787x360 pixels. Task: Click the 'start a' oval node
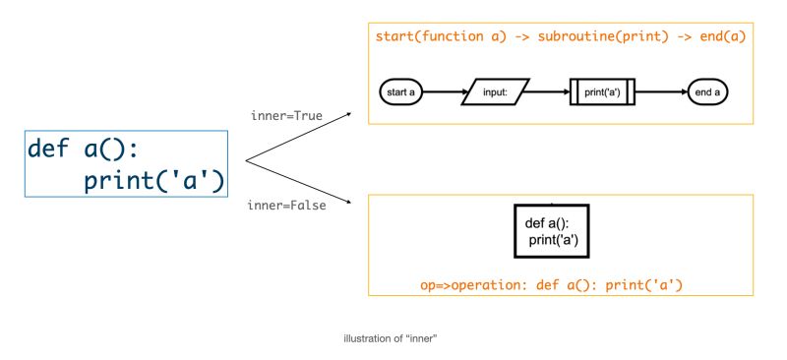(401, 92)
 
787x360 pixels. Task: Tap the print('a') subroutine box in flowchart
(602, 92)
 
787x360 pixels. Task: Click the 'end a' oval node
(707, 92)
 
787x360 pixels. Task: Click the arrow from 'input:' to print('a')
(550, 92)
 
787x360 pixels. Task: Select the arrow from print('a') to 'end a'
(661, 92)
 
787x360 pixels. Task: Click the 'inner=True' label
(287, 116)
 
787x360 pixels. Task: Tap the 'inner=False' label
(288, 206)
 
